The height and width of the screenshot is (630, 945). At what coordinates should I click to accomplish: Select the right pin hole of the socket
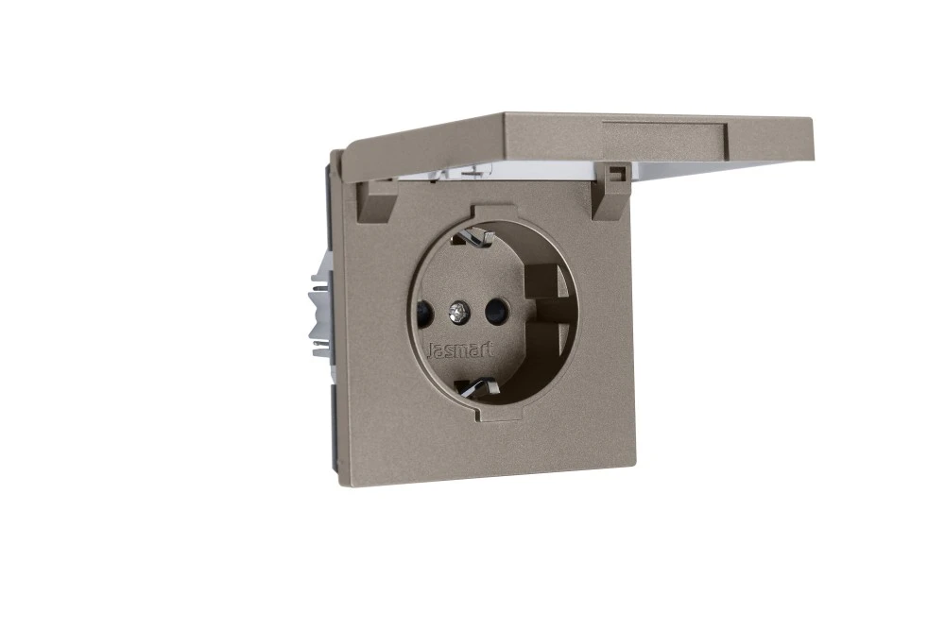(495, 312)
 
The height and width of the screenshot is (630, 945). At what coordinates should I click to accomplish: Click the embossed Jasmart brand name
(460, 350)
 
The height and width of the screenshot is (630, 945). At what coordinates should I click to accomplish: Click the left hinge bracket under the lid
(371, 200)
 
